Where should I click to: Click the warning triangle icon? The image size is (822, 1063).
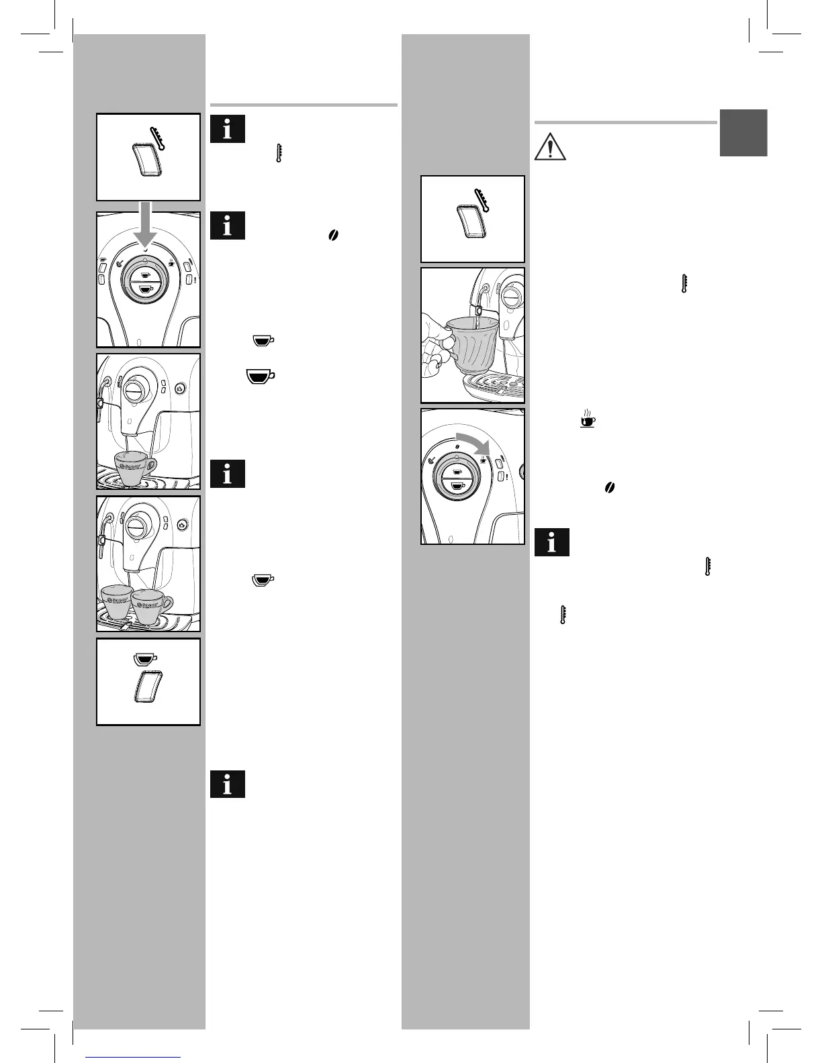coord(550,146)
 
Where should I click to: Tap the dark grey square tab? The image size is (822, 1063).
coord(743,133)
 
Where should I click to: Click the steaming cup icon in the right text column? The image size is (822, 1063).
coord(588,419)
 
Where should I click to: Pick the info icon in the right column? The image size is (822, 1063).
coord(552,543)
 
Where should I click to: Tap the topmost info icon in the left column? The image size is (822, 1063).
coord(227,129)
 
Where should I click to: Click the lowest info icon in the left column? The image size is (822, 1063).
coord(227,784)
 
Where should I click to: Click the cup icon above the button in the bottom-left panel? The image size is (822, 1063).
coord(144,658)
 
